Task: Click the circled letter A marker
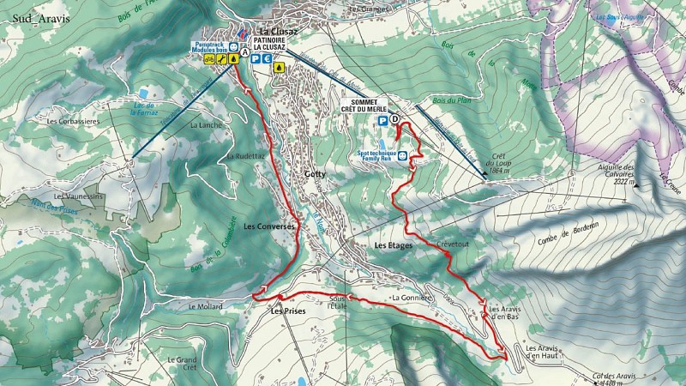pyautogui.click(x=246, y=52)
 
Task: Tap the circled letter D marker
pyautogui.click(x=394, y=121)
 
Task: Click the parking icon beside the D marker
pyautogui.click(x=382, y=122)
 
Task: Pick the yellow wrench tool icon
pyautogui.click(x=233, y=60)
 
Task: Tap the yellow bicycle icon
pyautogui.click(x=221, y=60)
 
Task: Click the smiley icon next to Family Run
pyautogui.click(x=402, y=154)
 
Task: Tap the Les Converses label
pyautogui.click(x=269, y=226)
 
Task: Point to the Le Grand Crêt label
pyautogui.click(x=183, y=363)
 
